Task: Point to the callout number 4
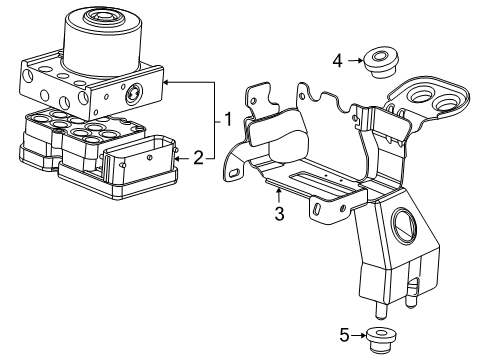coord(338,62)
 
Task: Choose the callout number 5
coord(345,335)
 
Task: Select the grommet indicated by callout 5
coord(380,336)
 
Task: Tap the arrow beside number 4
coord(355,62)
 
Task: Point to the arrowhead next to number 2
coord(178,156)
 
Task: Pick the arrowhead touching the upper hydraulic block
coord(166,82)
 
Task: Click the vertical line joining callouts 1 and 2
coord(214,120)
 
